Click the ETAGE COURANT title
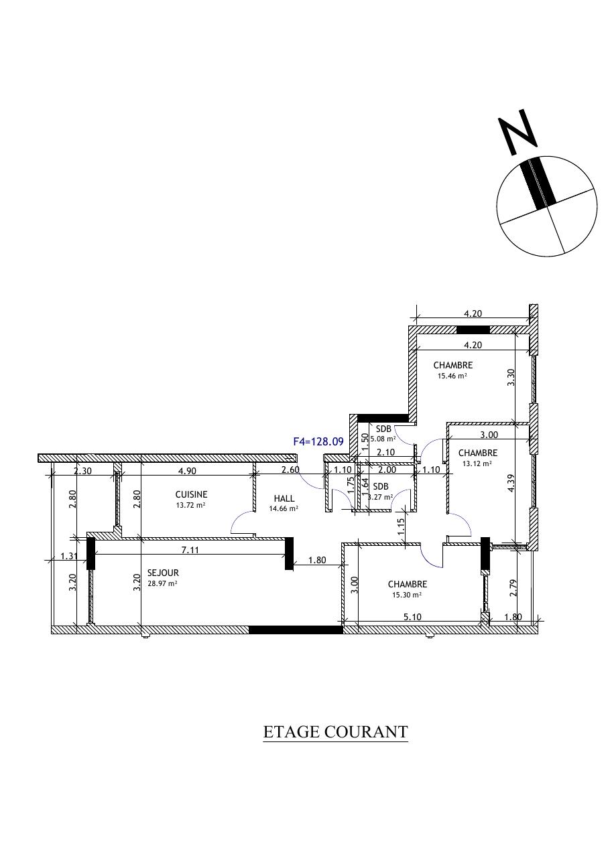click(335, 731)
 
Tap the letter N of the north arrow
click(517, 132)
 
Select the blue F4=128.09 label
click(318, 441)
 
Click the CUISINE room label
click(192, 494)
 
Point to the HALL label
click(284, 499)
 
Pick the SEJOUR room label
click(163, 573)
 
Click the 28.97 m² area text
click(162, 583)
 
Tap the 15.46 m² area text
click(452, 376)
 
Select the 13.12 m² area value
click(477, 463)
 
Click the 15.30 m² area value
click(407, 595)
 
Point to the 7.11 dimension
click(190, 551)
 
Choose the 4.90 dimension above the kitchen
click(187, 471)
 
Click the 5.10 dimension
click(412, 617)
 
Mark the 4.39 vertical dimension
click(511, 483)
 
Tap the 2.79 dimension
click(513, 588)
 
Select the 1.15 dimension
click(402, 527)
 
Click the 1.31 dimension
click(69, 556)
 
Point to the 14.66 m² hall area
click(284, 508)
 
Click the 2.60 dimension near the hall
click(291, 470)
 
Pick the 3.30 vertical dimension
click(511, 378)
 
